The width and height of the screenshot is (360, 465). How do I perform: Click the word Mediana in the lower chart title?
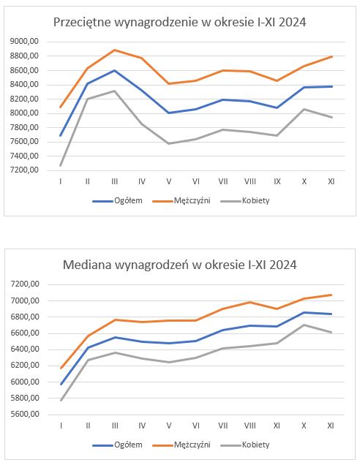coord(87,265)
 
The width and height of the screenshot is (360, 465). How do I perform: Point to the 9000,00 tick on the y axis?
coord(24,42)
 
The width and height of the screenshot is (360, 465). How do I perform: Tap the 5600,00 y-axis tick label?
coord(25,415)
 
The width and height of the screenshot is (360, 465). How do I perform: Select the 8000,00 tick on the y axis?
coord(24,113)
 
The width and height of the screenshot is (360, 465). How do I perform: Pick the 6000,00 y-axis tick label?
coord(25,382)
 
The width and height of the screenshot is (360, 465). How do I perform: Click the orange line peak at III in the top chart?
coord(115,50)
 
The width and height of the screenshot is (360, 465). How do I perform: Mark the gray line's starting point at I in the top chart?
coord(61,165)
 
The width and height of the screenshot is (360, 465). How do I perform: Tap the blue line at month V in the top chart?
coord(169,113)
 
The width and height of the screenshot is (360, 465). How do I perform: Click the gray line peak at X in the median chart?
coord(304,325)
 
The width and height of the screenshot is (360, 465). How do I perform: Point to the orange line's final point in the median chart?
coord(331,295)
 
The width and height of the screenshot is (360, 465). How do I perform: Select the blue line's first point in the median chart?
coord(61,385)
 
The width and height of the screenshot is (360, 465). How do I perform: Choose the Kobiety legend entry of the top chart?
coord(245,201)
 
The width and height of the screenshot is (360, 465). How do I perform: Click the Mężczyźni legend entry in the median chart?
coord(181,445)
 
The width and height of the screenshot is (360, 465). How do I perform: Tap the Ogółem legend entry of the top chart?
coord(118,201)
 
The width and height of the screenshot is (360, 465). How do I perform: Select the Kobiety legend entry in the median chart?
coord(245,445)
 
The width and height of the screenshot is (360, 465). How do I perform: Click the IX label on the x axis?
coord(277,181)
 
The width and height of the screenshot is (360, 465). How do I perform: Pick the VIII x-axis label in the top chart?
coord(250,181)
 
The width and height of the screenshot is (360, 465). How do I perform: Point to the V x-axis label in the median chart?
coord(169,426)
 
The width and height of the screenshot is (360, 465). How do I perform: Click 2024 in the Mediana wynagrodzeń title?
coord(283,265)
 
